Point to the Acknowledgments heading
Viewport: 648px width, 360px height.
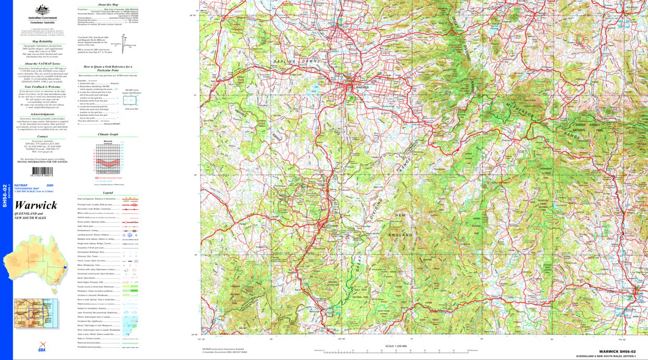(x=42, y=114)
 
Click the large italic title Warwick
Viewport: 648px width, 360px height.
(x=36, y=205)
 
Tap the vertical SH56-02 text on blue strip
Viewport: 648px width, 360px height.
(x=5, y=196)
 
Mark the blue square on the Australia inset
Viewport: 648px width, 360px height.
(x=65, y=267)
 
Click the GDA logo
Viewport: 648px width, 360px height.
(x=42, y=345)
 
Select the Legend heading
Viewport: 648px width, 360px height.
(x=107, y=193)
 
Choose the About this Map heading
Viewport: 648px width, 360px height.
(x=107, y=5)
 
